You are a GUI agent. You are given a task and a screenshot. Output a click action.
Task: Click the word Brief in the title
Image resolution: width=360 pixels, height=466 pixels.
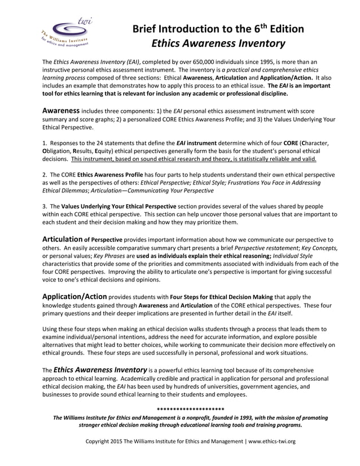tap(148, 29)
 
